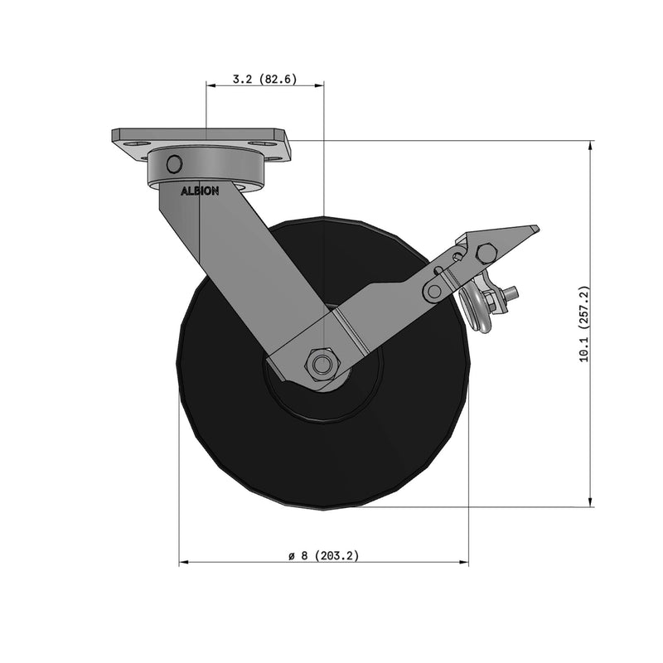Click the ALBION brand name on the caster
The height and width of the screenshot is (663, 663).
point(200,191)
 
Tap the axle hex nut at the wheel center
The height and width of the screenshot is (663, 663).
point(322,362)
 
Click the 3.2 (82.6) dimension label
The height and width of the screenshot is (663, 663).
point(264,80)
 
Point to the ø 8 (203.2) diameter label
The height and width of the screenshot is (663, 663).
point(323,556)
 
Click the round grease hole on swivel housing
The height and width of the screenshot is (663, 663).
point(174,163)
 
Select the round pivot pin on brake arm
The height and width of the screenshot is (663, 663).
point(434,291)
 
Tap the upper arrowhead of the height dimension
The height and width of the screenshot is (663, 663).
point(590,146)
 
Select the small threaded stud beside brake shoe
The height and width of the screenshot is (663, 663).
point(511,293)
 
